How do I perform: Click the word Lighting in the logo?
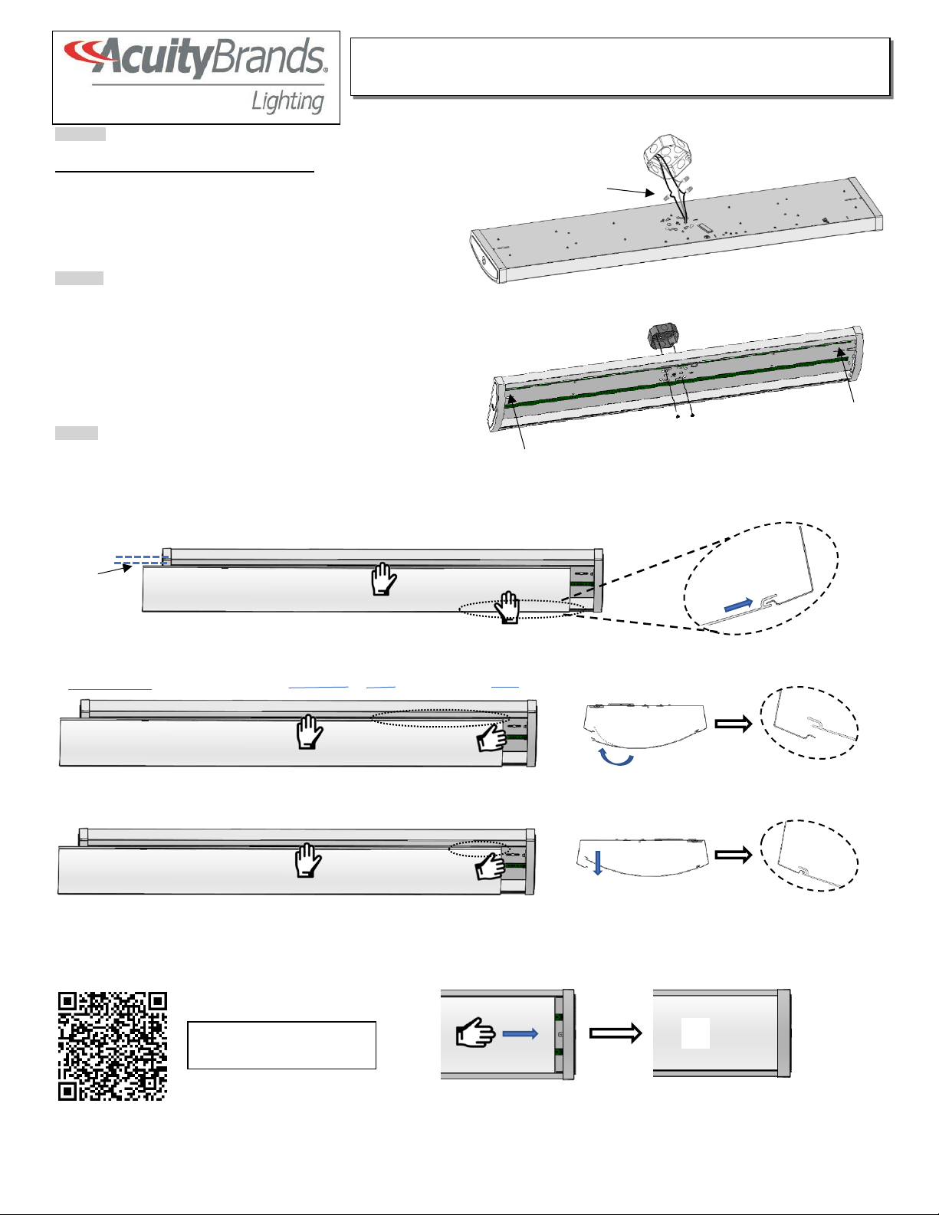coord(287,102)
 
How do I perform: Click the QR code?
coord(113,1046)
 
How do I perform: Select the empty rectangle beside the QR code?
coord(281,1045)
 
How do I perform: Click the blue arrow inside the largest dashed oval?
coord(737,604)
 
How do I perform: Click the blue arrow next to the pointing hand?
coord(520,1034)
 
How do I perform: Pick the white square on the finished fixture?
coord(695,1033)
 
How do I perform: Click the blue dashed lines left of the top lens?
coord(141,560)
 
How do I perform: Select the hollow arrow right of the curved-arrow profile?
coord(734,724)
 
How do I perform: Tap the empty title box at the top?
coord(620,67)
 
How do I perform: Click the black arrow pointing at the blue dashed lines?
coord(114,570)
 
